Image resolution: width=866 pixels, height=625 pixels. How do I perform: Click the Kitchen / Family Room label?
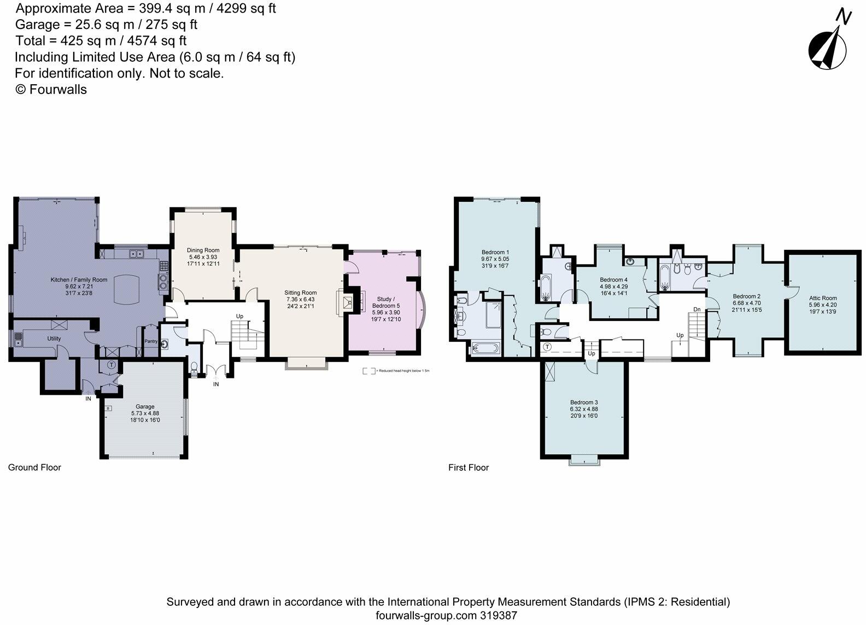[x=79, y=279]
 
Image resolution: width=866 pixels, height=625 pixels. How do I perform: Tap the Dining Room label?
[x=203, y=250]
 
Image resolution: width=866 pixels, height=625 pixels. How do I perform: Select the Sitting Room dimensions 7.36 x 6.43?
[x=300, y=300]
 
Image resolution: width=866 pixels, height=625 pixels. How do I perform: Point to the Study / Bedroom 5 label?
[x=385, y=302]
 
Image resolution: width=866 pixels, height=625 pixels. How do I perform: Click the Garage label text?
[x=145, y=406]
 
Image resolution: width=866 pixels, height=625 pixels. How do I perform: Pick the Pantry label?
[x=151, y=341]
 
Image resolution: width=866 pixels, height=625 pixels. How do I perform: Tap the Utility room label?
[x=54, y=338]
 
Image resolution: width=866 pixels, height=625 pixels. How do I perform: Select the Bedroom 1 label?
[x=495, y=252]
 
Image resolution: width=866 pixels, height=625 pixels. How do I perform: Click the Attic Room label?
[x=822, y=298]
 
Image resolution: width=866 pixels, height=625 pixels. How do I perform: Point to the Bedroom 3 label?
[x=584, y=402]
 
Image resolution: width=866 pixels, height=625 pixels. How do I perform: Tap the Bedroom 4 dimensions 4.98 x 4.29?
[x=613, y=286]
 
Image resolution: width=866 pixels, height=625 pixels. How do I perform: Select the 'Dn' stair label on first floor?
[x=697, y=309]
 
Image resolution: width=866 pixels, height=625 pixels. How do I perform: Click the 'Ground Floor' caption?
[x=34, y=468]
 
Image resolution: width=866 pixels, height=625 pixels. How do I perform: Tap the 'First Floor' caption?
[x=468, y=468]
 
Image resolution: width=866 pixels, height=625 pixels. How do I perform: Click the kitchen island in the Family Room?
[x=127, y=289]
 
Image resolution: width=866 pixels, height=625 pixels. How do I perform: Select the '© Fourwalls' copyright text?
[x=51, y=90]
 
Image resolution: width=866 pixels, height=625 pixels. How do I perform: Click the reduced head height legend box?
[x=369, y=371]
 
